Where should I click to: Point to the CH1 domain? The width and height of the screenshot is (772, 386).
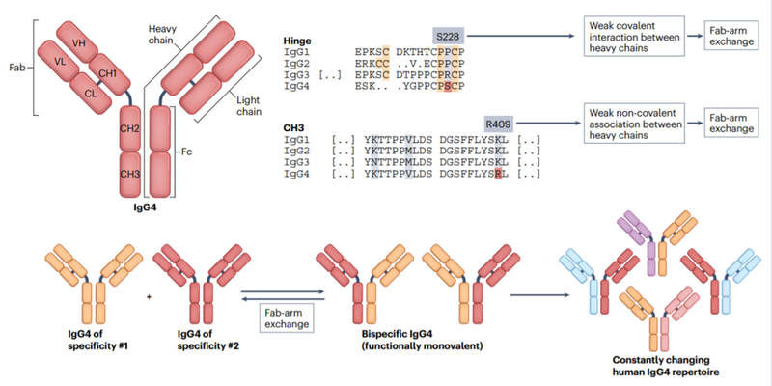tap(109, 73)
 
